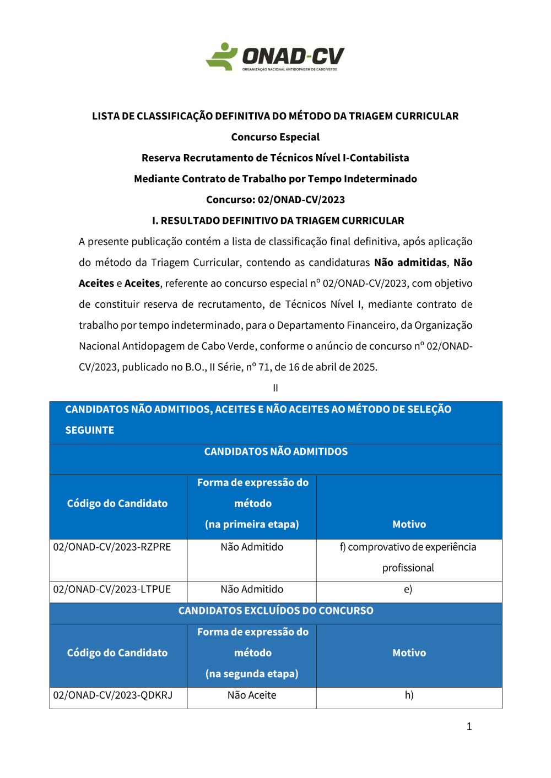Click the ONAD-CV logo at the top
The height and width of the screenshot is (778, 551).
point(275,57)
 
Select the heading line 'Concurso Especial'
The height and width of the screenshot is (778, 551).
point(275,137)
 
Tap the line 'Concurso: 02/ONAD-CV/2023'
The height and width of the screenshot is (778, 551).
point(275,200)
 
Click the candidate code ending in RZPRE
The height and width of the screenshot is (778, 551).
point(112,547)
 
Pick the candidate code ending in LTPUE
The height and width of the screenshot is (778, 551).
point(112,589)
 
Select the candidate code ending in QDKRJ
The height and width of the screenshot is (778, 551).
point(113,695)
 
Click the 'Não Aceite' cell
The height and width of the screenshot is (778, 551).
point(252,695)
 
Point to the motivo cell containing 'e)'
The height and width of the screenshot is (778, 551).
point(408,589)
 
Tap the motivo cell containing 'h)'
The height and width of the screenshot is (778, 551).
point(409,695)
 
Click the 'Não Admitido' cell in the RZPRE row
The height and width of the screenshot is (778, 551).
point(252,547)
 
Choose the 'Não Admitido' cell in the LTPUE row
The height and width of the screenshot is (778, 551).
point(252,589)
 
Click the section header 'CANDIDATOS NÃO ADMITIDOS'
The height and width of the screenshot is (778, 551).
point(275,451)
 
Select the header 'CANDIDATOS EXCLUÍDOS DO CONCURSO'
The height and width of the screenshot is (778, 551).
point(275,611)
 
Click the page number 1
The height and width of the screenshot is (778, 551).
point(469,726)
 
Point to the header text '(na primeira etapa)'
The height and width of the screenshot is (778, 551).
point(252,524)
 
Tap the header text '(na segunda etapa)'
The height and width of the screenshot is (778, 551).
point(252,674)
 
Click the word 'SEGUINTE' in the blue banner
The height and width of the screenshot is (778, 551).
point(90,430)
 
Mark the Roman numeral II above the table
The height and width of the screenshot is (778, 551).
point(275,388)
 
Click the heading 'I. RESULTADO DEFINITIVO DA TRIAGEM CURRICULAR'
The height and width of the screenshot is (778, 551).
point(278,221)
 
